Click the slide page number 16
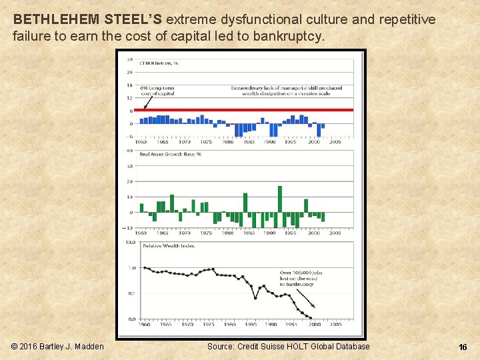463,347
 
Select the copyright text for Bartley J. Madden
58,347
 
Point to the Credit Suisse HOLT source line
288,347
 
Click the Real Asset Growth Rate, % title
170,154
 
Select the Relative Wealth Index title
169,245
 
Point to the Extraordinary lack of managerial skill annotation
287,91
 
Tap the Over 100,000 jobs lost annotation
298,278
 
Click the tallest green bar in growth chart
279,199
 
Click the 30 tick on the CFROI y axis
130,59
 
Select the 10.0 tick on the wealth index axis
131,242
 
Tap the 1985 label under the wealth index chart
250,325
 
